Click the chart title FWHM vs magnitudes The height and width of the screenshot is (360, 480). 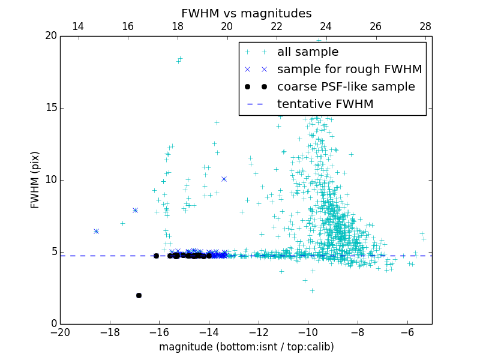[246, 13]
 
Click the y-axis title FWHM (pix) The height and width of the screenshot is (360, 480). [35, 180]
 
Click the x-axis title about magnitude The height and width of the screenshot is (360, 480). [246, 347]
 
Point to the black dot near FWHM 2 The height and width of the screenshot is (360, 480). [139, 295]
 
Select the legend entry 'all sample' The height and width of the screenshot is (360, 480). [308, 52]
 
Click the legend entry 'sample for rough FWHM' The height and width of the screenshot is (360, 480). [349, 70]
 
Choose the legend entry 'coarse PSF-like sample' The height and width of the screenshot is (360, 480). [346, 87]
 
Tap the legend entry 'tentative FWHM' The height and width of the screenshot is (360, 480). [325, 104]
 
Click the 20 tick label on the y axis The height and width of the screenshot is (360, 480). [50, 36]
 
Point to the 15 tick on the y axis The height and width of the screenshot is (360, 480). [50, 108]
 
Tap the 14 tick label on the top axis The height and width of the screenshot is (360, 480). [78, 26]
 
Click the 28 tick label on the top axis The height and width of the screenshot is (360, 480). [425, 26]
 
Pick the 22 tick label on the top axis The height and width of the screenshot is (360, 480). [277, 26]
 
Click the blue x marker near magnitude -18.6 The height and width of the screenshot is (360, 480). [96, 231]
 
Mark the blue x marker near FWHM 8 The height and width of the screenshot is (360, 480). [135, 210]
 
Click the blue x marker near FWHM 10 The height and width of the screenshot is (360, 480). [224, 179]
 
